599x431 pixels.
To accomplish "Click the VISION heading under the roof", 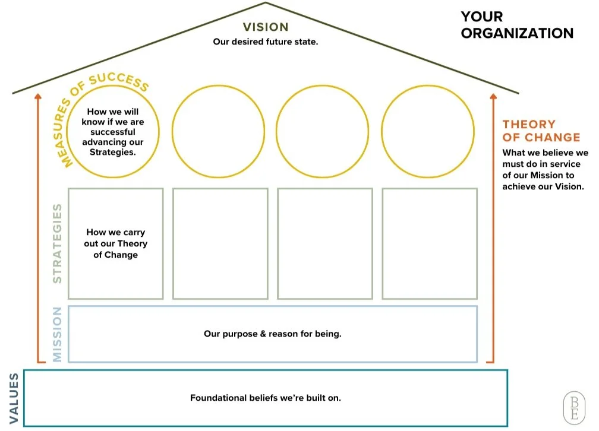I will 266,27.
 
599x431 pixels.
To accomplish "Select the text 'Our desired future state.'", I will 266,42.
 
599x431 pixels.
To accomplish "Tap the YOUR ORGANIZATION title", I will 517,25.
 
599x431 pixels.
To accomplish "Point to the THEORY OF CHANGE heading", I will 541,131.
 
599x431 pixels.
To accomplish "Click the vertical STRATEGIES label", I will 58,243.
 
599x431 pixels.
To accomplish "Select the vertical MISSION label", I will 58,334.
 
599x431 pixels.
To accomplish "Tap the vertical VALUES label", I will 12,398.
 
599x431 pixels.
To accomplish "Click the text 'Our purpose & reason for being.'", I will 272,334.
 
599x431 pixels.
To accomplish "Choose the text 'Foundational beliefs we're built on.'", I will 266,398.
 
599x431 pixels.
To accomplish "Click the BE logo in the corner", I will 573,407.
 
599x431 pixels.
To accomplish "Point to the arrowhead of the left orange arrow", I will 37,96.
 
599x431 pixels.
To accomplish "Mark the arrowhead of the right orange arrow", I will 492,96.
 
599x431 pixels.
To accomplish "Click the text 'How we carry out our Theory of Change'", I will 115,243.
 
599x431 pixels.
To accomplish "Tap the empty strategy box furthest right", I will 429,243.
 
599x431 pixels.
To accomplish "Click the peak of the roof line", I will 266,4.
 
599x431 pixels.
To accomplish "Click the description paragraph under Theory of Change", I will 545,170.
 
